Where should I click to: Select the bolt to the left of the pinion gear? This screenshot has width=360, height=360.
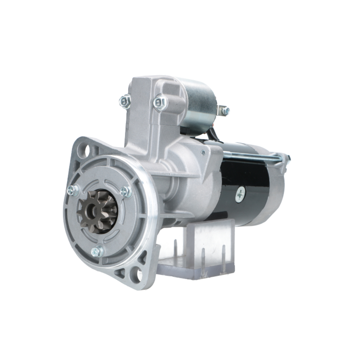73,190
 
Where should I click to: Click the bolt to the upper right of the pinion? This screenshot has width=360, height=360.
126,191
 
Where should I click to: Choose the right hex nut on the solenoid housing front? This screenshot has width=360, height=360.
160,103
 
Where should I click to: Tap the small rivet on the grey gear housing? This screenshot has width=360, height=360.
203,153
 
